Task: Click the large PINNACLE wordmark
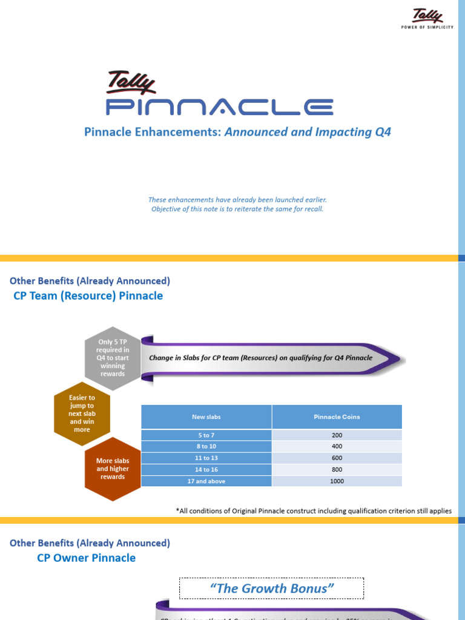click(220, 107)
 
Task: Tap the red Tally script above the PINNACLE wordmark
click(132, 83)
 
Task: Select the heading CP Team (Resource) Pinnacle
click(88, 295)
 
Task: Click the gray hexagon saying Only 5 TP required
click(113, 357)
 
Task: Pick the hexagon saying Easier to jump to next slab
click(82, 414)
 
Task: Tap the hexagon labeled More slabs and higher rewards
click(113, 469)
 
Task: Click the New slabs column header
click(206, 417)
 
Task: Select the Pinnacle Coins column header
click(337, 417)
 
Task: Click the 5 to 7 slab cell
click(206, 435)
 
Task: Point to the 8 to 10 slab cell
click(206, 447)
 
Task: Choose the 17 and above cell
click(206, 481)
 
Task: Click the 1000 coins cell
click(337, 481)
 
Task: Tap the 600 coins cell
click(337, 458)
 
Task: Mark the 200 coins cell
click(337, 435)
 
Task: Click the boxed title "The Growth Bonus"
click(271, 588)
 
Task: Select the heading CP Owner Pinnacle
click(87, 558)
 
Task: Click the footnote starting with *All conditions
click(314, 510)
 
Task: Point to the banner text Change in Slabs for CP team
click(260, 358)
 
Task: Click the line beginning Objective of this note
click(237, 209)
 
